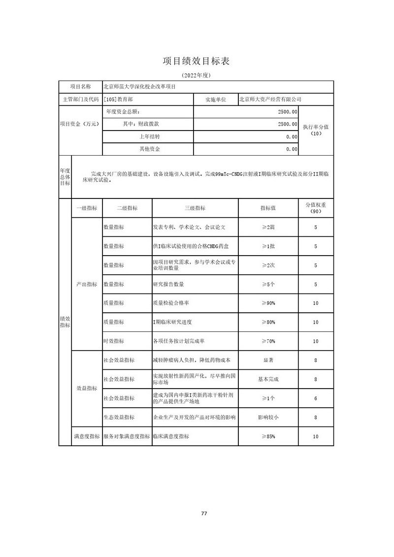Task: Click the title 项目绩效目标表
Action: [197, 61]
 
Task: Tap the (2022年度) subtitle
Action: [197, 75]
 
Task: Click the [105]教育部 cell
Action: [119, 99]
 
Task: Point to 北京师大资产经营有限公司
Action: [269, 99]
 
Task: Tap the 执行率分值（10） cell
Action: [316, 130]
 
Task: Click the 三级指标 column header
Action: [195, 208]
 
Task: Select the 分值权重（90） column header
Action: [316, 208]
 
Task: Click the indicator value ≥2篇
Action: [268, 227]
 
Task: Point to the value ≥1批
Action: [268, 246]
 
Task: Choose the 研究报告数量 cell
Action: [169, 284]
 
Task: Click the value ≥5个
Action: [268, 284]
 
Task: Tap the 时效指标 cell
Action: [114, 341]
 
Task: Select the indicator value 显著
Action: [268, 360]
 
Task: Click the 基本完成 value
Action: [268, 379]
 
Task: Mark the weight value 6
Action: [316, 398]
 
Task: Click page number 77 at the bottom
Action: [204, 514]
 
